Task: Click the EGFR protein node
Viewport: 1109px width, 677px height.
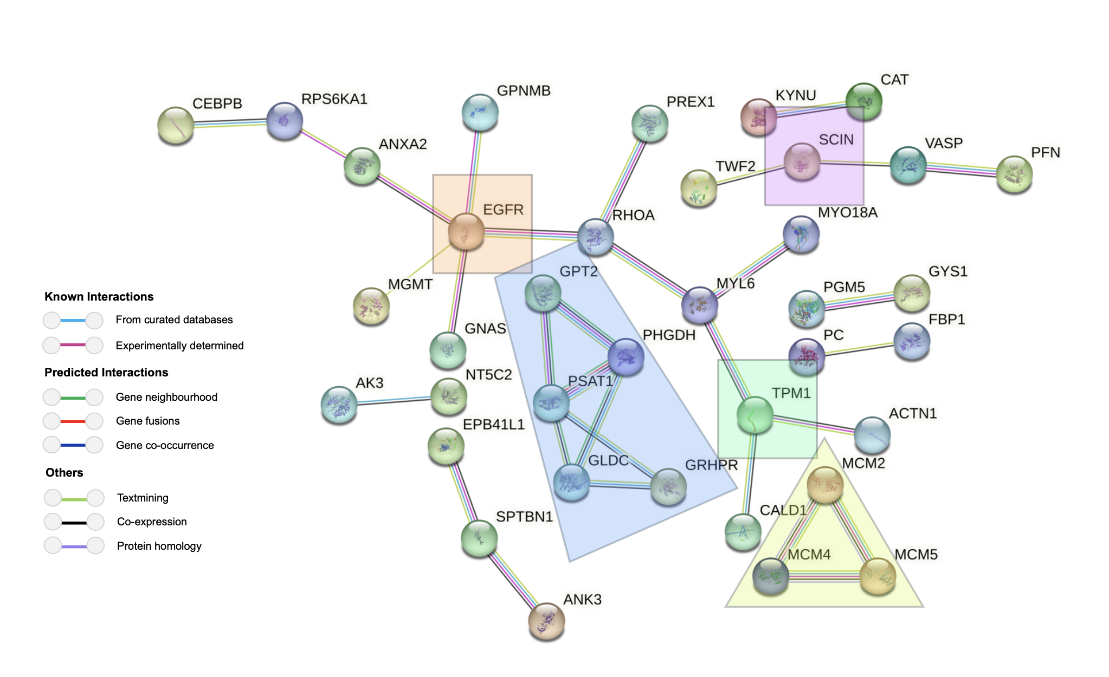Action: (466, 231)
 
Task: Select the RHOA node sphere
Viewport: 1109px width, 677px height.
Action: (595, 237)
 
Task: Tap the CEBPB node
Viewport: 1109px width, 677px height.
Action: (176, 125)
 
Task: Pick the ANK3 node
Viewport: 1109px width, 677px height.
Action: (546, 621)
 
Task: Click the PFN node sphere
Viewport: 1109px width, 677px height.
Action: (1014, 174)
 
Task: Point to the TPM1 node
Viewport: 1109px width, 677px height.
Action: (755, 414)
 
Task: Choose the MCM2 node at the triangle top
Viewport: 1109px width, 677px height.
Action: (825, 484)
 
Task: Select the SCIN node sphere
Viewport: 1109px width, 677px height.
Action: (802, 161)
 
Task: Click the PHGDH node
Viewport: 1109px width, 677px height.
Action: (626, 356)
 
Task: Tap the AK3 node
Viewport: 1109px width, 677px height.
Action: (339, 404)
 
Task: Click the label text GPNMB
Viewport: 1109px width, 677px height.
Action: (524, 91)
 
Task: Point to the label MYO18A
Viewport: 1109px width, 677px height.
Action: (847, 213)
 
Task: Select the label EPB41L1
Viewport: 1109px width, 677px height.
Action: (493, 425)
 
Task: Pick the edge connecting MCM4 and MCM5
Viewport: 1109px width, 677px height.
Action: (824, 577)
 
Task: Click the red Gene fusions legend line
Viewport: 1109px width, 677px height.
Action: (73, 421)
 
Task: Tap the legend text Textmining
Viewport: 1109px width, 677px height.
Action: (143, 498)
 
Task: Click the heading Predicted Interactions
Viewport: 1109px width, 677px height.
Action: (106, 373)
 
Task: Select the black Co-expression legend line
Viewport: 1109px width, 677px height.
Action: (74, 522)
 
